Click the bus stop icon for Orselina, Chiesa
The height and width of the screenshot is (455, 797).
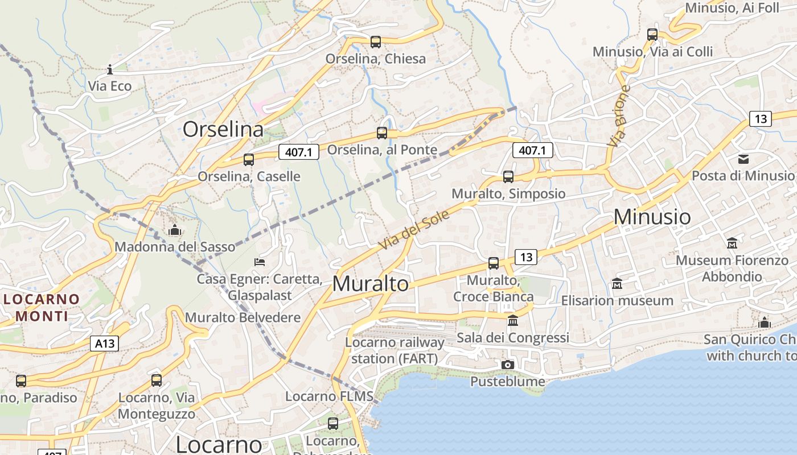tap(375, 42)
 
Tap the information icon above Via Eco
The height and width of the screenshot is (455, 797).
tap(110, 70)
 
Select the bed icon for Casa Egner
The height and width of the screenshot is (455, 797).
tap(260, 262)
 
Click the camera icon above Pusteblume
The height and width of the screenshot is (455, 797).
tap(508, 365)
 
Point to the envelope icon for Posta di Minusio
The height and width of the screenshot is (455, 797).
tap(743, 159)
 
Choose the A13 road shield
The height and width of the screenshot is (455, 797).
tap(104, 344)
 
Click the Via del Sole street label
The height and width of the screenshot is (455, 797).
tap(414, 229)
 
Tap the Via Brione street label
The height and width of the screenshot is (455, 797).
tap(619, 116)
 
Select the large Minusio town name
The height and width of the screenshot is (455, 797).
tap(652, 217)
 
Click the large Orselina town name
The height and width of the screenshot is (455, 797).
tap(223, 129)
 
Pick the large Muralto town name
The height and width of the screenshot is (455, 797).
tap(371, 284)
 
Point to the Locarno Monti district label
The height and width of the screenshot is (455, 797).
tap(42, 307)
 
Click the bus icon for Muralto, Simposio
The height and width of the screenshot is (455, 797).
tap(508, 177)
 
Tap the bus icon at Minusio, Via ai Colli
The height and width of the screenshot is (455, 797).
tap(652, 35)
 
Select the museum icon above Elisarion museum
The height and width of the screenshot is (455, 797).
tap(617, 283)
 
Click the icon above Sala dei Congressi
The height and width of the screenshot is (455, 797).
tap(513, 321)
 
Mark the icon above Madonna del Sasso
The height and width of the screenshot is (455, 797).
tap(175, 230)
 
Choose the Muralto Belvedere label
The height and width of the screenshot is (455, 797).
tap(243, 317)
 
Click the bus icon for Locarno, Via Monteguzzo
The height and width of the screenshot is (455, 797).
tap(157, 380)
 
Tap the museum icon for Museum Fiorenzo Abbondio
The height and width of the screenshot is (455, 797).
tap(732, 243)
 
